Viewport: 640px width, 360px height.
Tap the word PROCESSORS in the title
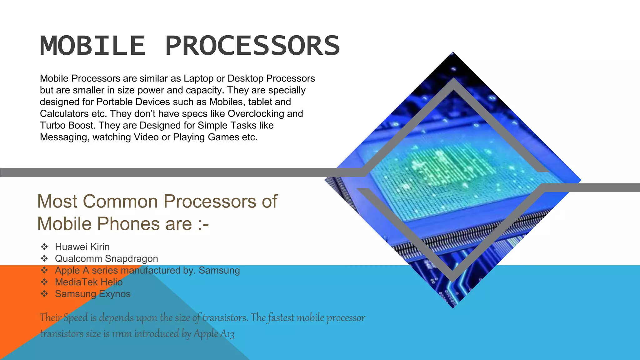[x=252, y=46]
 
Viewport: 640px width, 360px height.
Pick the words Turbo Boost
[x=68, y=125]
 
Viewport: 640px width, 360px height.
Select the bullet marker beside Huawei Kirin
[x=44, y=247]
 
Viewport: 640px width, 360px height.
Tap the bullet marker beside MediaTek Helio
[x=44, y=282]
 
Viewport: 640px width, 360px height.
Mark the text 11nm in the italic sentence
[x=122, y=334]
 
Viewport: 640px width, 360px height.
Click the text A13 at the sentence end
[x=227, y=334]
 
